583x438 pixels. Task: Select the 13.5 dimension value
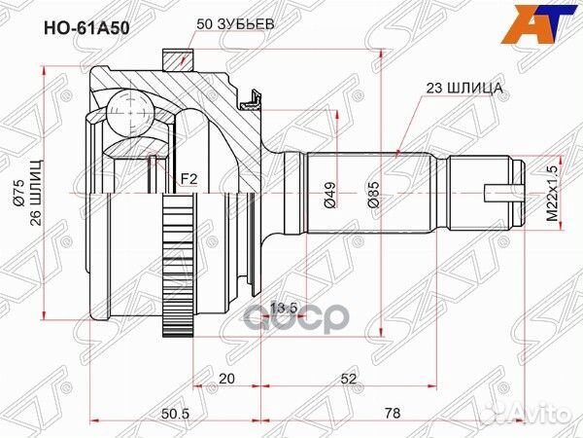[x=285, y=310]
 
